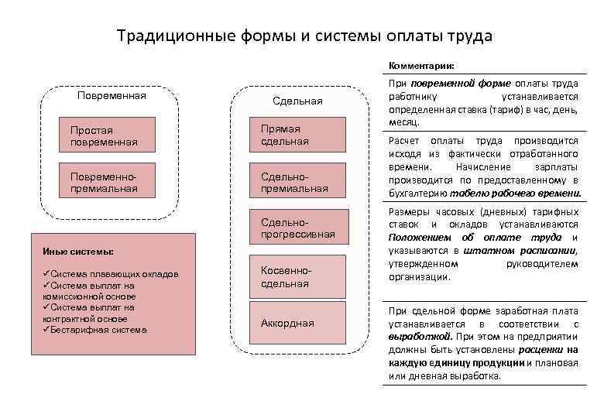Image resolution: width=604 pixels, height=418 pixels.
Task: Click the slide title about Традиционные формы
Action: [304, 36]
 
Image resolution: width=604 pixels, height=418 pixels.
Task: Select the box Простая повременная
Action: [108, 136]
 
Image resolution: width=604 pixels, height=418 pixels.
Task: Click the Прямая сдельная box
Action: [297, 135]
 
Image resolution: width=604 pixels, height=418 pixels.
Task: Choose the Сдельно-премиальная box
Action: [297, 182]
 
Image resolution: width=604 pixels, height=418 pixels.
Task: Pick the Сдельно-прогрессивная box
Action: [297, 228]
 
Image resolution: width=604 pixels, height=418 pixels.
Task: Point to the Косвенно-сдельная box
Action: [297, 277]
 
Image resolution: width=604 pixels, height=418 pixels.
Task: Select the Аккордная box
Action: [297, 323]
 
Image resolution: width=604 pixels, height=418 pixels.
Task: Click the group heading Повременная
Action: [112, 96]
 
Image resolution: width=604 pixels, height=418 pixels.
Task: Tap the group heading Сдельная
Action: [297, 101]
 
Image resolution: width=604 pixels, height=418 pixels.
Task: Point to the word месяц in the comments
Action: [404, 122]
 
